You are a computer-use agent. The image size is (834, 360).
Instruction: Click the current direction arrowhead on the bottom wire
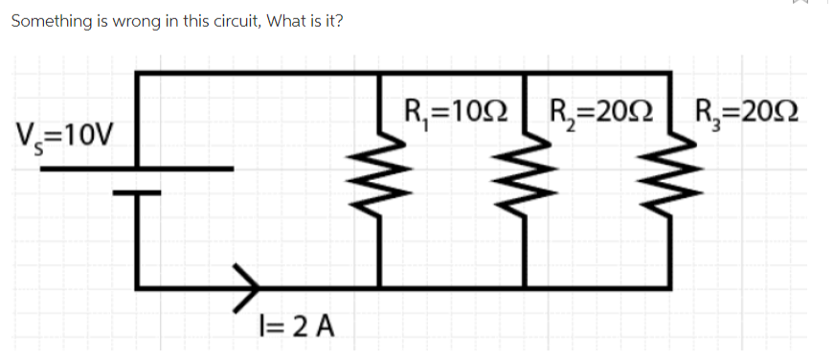[250, 286]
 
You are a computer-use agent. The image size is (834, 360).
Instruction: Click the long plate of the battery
[137, 169]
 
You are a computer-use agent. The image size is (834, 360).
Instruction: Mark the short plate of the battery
[137, 191]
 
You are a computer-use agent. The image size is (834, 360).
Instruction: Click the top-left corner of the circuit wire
[138, 73]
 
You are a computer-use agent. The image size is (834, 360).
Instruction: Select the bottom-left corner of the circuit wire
[138, 286]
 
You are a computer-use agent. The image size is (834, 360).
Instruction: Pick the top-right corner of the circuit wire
[668, 73]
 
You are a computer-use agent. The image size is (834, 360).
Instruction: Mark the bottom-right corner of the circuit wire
[668, 286]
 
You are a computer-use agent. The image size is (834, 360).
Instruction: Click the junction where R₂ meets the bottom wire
[526, 286]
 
